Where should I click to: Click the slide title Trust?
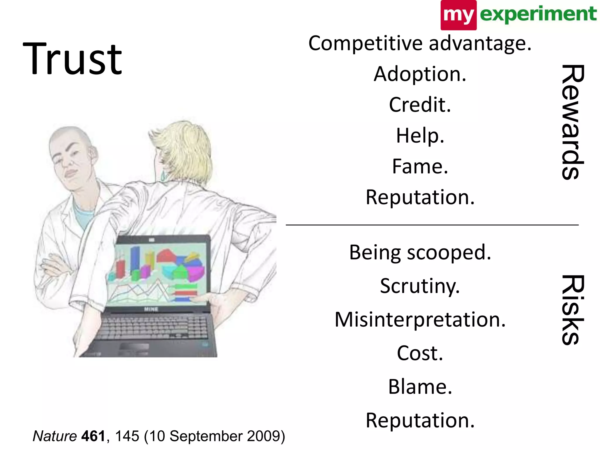pyautogui.click(x=72, y=59)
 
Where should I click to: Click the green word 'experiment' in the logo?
pyautogui.click(x=538, y=14)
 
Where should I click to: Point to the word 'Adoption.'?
pyautogui.click(x=420, y=74)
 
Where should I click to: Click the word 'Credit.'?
pyautogui.click(x=420, y=105)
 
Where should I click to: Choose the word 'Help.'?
pyautogui.click(x=420, y=136)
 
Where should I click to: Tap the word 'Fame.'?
pyautogui.click(x=420, y=166)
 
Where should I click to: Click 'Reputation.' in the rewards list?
pyautogui.click(x=420, y=197)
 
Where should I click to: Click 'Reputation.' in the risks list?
pyautogui.click(x=420, y=420)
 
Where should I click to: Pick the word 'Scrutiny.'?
pyautogui.click(x=420, y=286)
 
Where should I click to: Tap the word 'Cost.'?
pyautogui.click(x=420, y=353)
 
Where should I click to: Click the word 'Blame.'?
pyautogui.click(x=420, y=387)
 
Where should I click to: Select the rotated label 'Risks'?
pyautogui.click(x=572, y=310)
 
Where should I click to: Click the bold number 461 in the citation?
pyautogui.click(x=93, y=436)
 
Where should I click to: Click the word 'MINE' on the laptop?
pyautogui.click(x=151, y=309)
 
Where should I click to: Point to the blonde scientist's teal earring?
pyautogui.click(x=163, y=176)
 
